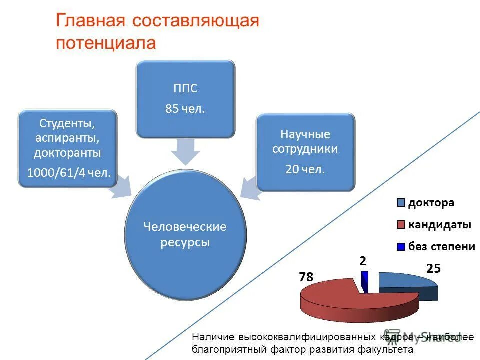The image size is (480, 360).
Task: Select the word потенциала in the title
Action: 106,43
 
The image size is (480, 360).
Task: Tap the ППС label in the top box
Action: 185,89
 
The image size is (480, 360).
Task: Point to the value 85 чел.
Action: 185,109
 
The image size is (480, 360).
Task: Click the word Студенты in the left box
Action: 67,122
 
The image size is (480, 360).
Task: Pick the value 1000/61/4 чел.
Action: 69,173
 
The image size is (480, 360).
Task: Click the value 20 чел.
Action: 305,169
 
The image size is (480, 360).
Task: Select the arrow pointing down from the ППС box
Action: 185,151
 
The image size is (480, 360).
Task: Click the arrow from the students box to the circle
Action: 121,187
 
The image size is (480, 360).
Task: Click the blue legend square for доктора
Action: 401,203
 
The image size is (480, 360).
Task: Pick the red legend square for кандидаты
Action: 401,225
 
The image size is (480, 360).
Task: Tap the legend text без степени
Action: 441,246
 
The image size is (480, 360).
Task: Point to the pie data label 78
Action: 306,277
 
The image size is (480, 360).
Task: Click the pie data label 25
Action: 433,268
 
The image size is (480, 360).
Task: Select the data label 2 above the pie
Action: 363,261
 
